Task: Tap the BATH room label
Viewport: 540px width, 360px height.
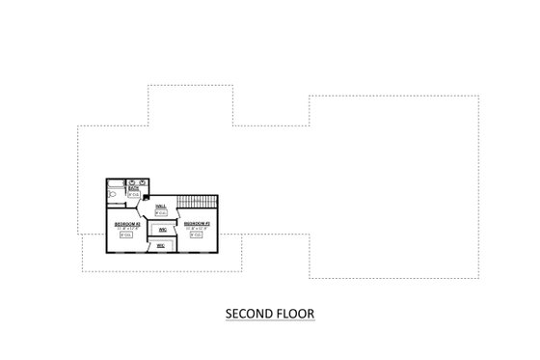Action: [x=133, y=189]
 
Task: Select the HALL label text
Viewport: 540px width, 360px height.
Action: [x=161, y=207]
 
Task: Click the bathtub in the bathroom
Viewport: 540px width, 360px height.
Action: [x=115, y=184]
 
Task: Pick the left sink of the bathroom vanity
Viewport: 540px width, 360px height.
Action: [x=131, y=181]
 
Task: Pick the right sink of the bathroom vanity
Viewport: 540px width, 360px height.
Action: [x=143, y=181]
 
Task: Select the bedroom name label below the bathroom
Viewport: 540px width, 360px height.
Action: [x=127, y=223]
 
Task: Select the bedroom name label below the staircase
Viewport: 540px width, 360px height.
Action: [x=197, y=223]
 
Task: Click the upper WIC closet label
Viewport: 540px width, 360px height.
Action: [x=162, y=229]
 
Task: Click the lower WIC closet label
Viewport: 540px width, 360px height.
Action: [x=161, y=245]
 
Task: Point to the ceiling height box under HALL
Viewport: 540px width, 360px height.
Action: [x=161, y=213]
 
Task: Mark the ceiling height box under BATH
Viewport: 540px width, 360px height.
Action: [x=133, y=195]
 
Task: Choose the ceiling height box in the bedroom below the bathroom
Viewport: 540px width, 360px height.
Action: [x=127, y=235]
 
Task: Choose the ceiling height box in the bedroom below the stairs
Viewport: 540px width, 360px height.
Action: [x=197, y=235]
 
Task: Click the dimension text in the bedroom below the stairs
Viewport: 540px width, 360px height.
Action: [x=197, y=228]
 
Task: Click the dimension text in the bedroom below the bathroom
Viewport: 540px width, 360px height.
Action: [x=127, y=228]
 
